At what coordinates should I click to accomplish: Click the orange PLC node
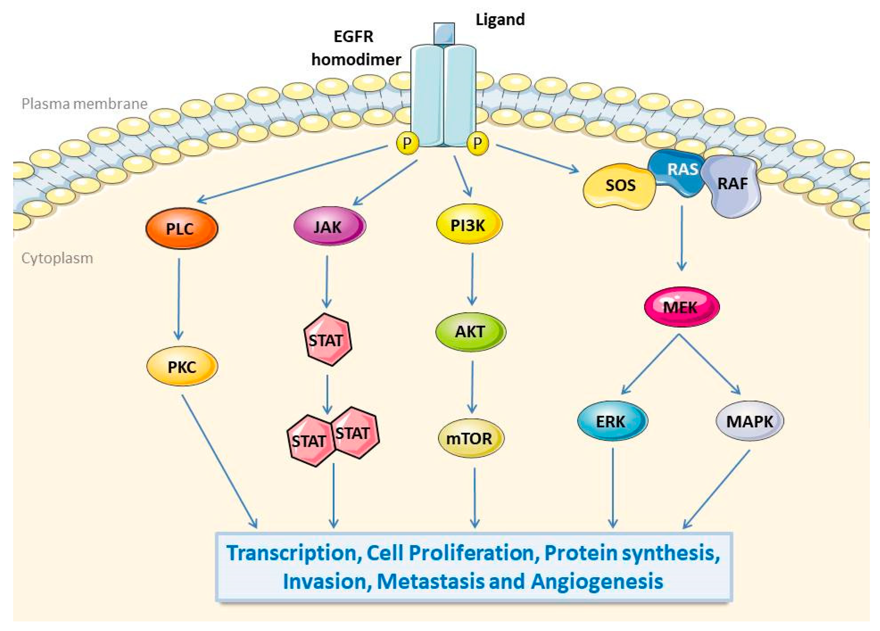(182, 229)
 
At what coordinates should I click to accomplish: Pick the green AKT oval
(470, 332)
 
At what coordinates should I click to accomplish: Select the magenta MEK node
(681, 307)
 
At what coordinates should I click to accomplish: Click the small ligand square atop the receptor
(444, 33)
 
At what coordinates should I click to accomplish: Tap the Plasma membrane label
(84, 104)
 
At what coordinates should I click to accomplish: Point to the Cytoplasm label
(57, 258)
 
